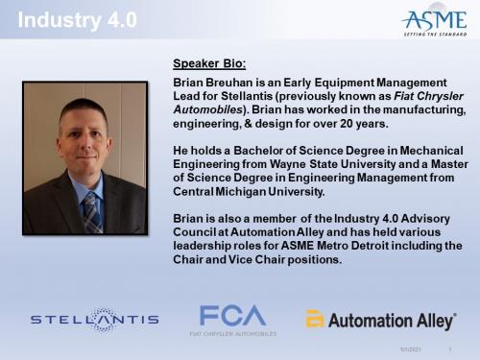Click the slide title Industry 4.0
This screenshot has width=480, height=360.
click(63, 19)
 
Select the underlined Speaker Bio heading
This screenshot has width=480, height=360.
click(208, 64)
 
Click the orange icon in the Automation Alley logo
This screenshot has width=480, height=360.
click(315, 320)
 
